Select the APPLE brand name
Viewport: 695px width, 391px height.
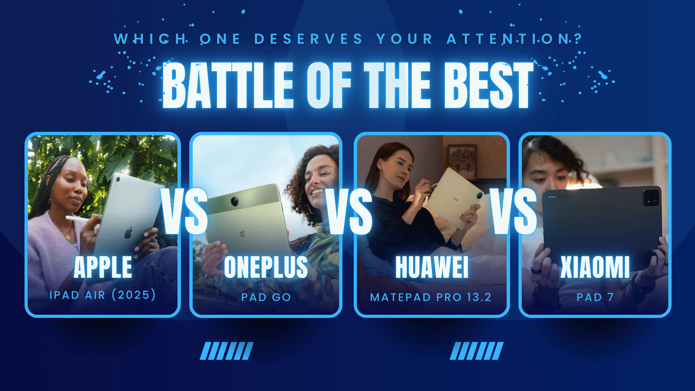(x=103, y=267)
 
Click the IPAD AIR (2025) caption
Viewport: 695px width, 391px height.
(x=103, y=295)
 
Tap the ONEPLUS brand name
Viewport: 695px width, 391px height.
(x=266, y=267)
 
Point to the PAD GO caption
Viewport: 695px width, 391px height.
(x=266, y=297)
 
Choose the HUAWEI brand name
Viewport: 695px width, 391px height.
(x=432, y=267)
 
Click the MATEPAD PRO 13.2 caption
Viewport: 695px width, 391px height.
(x=431, y=297)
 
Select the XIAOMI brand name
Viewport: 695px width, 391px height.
(x=595, y=267)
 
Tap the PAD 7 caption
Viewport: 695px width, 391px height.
(x=595, y=297)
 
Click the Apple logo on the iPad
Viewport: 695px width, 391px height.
(x=128, y=233)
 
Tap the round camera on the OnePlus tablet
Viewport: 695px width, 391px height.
(x=235, y=201)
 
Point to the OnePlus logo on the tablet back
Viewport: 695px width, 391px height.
(x=243, y=233)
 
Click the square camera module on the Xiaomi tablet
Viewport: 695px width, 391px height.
(x=651, y=197)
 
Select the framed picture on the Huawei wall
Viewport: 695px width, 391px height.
(x=462, y=162)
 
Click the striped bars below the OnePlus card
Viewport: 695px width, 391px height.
(x=227, y=351)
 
